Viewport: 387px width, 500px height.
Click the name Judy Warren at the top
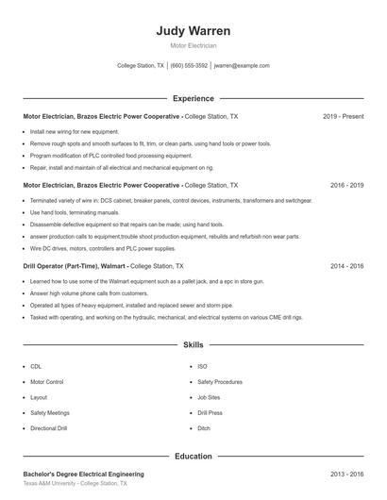coord(193,30)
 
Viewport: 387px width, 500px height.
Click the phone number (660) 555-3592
coord(189,66)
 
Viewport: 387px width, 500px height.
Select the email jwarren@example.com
coord(242,66)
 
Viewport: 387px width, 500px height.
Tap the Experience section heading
coord(193,98)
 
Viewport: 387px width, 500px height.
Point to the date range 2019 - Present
coord(343,116)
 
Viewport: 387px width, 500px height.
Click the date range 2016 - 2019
coord(346,186)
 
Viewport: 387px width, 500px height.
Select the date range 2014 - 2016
coord(346,267)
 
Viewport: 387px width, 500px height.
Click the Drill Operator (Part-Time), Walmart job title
coord(74,267)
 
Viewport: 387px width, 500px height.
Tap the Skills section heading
coord(193,345)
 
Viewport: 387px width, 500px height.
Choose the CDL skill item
coord(36,366)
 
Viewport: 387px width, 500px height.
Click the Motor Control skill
coord(47,382)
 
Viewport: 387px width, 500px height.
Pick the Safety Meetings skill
coord(49,413)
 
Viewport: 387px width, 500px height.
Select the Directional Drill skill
coord(49,428)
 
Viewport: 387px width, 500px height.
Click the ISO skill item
coord(202,366)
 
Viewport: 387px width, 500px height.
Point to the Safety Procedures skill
coord(220,382)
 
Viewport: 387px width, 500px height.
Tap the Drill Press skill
coord(210,413)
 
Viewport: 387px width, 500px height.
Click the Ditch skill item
coord(204,428)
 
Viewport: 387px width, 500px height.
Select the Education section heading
coord(193,456)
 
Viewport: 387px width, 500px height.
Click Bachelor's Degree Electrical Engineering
coord(83,474)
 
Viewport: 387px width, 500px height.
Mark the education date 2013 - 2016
coord(346,474)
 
